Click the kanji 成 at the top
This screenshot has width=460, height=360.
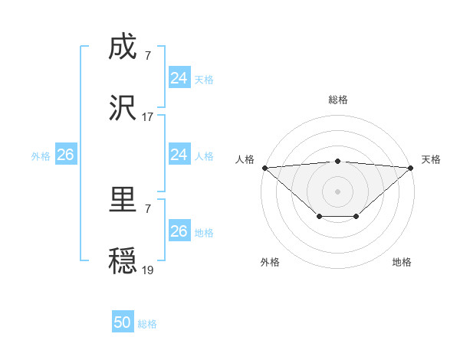tap(123, 48)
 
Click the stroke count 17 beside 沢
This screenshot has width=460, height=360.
tap(148, 117)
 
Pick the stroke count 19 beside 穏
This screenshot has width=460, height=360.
tap(148, 270)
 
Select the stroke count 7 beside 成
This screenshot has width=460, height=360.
tap(148, 55)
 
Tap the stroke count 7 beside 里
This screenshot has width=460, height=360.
tap(148, 208)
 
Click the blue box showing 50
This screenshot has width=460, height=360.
tap(123, 322)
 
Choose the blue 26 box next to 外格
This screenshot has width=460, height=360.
tap(65, 155)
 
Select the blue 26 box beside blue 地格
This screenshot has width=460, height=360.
tap(179, 231)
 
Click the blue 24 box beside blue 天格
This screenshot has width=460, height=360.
tap(179, 78)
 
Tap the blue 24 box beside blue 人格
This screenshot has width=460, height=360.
tap(179, 155)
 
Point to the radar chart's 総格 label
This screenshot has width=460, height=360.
tap(337, 100)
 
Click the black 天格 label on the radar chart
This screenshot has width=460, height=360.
tap(432, 159)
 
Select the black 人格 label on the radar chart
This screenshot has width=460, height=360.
tap(245, 159)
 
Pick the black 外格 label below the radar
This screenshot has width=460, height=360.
tap(270, 262)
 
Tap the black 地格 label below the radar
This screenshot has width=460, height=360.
tap(402, 262)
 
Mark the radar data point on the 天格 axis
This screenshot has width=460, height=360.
tap(412, 168)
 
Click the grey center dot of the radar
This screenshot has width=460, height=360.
tap(337, 191)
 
